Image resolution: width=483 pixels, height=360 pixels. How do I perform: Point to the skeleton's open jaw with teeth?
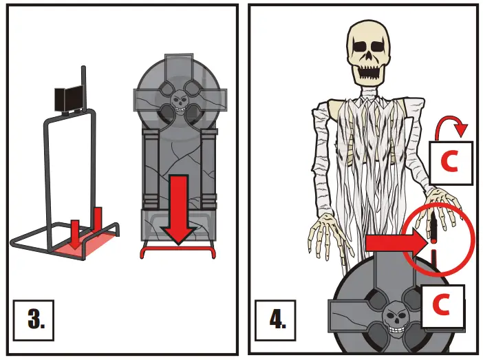pos(374,70)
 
